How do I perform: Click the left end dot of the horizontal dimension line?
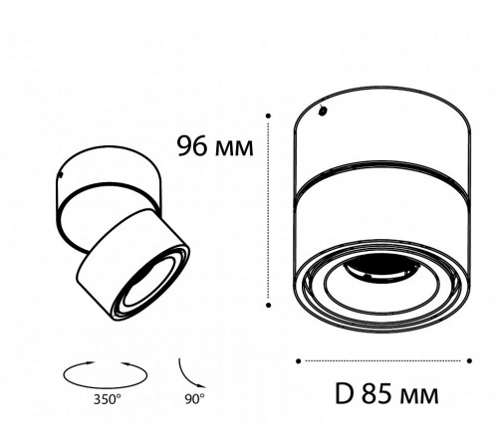[300, 359]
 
